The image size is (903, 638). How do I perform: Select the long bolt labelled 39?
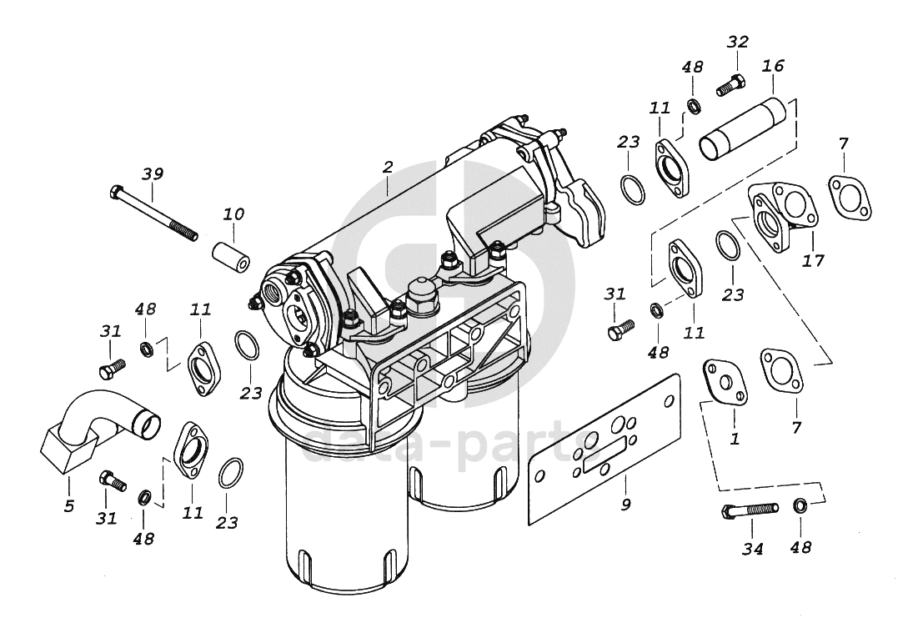pos(153,213)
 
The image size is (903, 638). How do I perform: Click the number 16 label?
pos(774,66)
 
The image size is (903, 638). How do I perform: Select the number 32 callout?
pos(737,42)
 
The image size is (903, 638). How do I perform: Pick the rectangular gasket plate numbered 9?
pos(605,450)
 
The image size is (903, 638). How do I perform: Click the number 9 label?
pos(626,505)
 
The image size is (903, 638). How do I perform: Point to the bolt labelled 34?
pos(749,510)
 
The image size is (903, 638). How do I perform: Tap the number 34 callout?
pos(753,550)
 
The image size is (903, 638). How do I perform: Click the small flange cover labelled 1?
pos(725,382)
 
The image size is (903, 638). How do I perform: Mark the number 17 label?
pos(813,261)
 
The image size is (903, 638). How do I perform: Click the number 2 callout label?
pos(388,167)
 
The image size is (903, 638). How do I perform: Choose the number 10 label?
pos(233,214)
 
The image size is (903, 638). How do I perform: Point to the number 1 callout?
pos(735,439)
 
